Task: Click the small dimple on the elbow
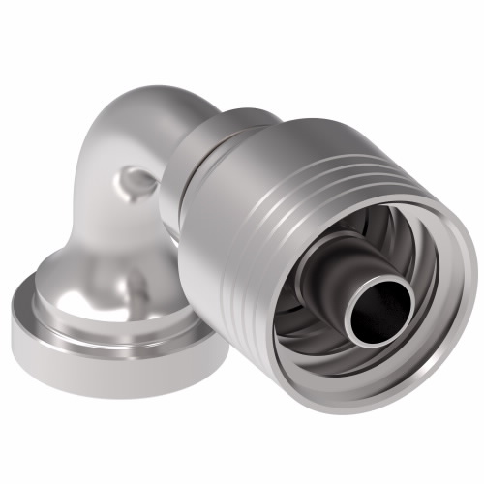[x=136, y=179]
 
